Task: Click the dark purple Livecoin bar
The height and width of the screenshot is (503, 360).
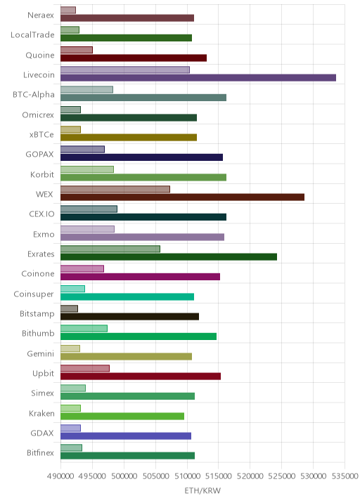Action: pos(198,78)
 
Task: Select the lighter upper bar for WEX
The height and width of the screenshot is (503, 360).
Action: pos(115,189)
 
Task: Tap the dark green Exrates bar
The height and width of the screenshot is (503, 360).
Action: pos(169,256)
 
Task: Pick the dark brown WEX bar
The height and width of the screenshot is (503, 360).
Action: pos(182,197)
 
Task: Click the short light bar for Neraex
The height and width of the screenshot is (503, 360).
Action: pos(68,10)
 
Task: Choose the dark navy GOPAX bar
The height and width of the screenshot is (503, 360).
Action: pos(141,157)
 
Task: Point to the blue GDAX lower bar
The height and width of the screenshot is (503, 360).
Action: pos(126,436)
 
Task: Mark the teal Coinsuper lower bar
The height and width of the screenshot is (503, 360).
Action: pos(127,296)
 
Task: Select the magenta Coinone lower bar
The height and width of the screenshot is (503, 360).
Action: pos(140,277)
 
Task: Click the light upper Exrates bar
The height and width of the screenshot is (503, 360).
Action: pos(110,249)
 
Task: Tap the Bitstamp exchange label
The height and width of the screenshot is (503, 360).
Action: pos(37,313)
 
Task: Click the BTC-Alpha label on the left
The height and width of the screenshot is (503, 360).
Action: pos(34,95)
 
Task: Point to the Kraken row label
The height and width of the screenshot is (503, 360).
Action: pos(41,413)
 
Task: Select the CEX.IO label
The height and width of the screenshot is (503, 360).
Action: pos(41,214)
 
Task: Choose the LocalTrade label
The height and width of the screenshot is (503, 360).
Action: pos(32,35)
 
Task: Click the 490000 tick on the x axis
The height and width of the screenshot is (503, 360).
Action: pos(60,476)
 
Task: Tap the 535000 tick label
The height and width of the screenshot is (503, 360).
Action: pos(345,476)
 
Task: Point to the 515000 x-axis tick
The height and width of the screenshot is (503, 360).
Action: pos(218,476)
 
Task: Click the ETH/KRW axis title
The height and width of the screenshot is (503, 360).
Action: pos(202,490)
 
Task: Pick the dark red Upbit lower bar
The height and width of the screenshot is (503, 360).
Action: pos(141,377)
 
